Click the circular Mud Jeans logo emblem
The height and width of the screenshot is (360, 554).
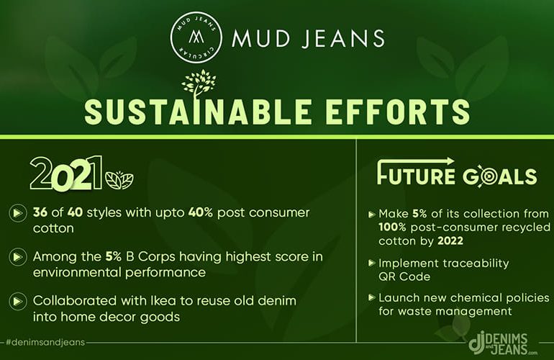pyautogui.click(x=196, y=37)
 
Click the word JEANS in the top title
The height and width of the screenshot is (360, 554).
pyautogui.click(x=343, y=38)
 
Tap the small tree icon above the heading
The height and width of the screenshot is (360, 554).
pyautogui.click(x=199, y=84)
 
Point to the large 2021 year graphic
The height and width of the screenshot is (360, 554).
pyautogui.click(x=66, y=174)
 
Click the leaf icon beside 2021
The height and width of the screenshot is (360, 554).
pyautogui.click(x=119, y=180)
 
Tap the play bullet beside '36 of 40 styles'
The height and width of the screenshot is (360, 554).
pyautogui.click(x=17, y=213)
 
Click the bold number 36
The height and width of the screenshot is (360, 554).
pyautogui.click(x=40, y=212)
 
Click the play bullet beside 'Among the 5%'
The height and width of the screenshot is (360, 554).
pyautogui.click(x=17, y=257)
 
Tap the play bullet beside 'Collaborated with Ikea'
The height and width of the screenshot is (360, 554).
pyautogui.click(x=17, y=301)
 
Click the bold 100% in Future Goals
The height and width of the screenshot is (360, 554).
pyautogui.click(x=392, y=227)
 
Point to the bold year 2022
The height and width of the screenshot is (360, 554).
pyautogui.click(x=450, y=240)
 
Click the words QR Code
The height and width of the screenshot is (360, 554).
pyautogui.click(x=404, y=276)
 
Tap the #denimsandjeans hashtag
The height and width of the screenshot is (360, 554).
pyautogui.click(x=45, y=342)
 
